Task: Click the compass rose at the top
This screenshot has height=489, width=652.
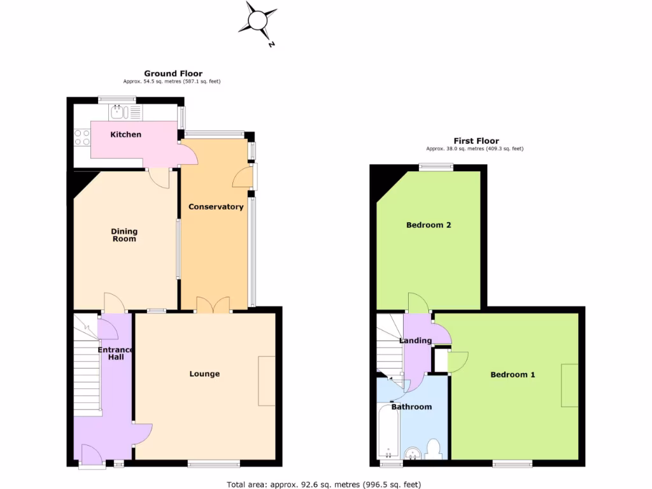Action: pos(258,20)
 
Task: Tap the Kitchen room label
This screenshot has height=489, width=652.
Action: pos(126,134)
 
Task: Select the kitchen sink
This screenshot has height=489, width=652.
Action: pos(118,113)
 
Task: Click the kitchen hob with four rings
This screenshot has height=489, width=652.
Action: pos(83,138)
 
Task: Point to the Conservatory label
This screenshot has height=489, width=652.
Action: pos(216,207)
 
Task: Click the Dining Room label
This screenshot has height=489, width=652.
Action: pos(124,235)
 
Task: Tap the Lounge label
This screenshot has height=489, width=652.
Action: pos(204,374)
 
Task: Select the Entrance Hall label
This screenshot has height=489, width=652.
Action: pos(115,353)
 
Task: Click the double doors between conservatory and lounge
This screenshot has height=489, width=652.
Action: pos(213,306)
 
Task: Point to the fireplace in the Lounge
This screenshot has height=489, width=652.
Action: pos(267,381)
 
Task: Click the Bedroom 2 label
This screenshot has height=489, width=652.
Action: pos(429,225)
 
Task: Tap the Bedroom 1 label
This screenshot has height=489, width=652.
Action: pos(513,374)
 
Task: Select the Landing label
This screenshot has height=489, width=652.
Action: pos(415,341)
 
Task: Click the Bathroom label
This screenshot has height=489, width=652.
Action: pos(411,407)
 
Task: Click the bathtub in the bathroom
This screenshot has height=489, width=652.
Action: pos(388,430)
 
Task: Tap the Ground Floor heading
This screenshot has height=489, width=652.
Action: pos(173,73)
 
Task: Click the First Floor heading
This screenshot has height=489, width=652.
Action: pos(476,141)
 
